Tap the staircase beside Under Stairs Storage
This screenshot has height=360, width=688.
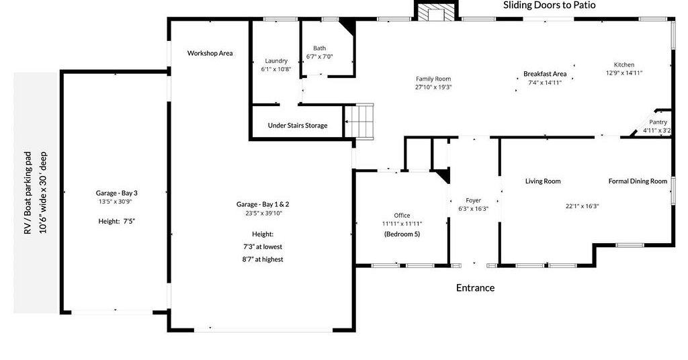pyautogui.click(x=359, y=122)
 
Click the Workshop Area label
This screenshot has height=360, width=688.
pyautogui.click(x=210, y=53)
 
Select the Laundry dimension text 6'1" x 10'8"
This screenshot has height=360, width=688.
pyautogui.click(x=276, y=69)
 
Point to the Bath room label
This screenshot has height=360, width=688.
pyautogui.click(x=319, y=48)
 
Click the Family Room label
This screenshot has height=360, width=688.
pyautogui.click(x=433, y=79)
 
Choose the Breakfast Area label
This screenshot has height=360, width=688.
pyautogui.click(x=545, y=74)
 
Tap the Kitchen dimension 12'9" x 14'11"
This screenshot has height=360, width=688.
pyautogui.click(x=624, y=73)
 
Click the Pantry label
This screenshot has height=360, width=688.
pyautogui.click(x=658, y=122)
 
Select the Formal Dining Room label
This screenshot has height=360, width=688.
pyautogui.click(x=638, y=181)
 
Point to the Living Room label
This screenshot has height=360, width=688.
pyautogui.click(x=543, y=181)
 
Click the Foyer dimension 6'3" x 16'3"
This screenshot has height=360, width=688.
pyautogui.click(x=474, y=209)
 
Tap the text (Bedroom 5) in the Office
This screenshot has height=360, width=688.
pyautogui.click(x=402, y=234)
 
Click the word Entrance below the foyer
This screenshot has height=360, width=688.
pyautogui.click(x=475, y=287)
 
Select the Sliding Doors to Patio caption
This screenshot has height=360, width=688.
pyautogui.click(x=550, y=5)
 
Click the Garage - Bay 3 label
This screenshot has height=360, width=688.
pyautogui.click(x=117, y=193)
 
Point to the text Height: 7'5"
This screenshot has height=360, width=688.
pyautogui.click(x=116, y=222)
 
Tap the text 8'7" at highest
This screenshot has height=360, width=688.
pyautogui.click(x=263, y=259)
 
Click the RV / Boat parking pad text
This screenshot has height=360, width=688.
pyautogui.click(x=28, y=193)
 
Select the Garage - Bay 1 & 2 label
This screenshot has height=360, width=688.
pyautogui.click(x=263, y=204)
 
